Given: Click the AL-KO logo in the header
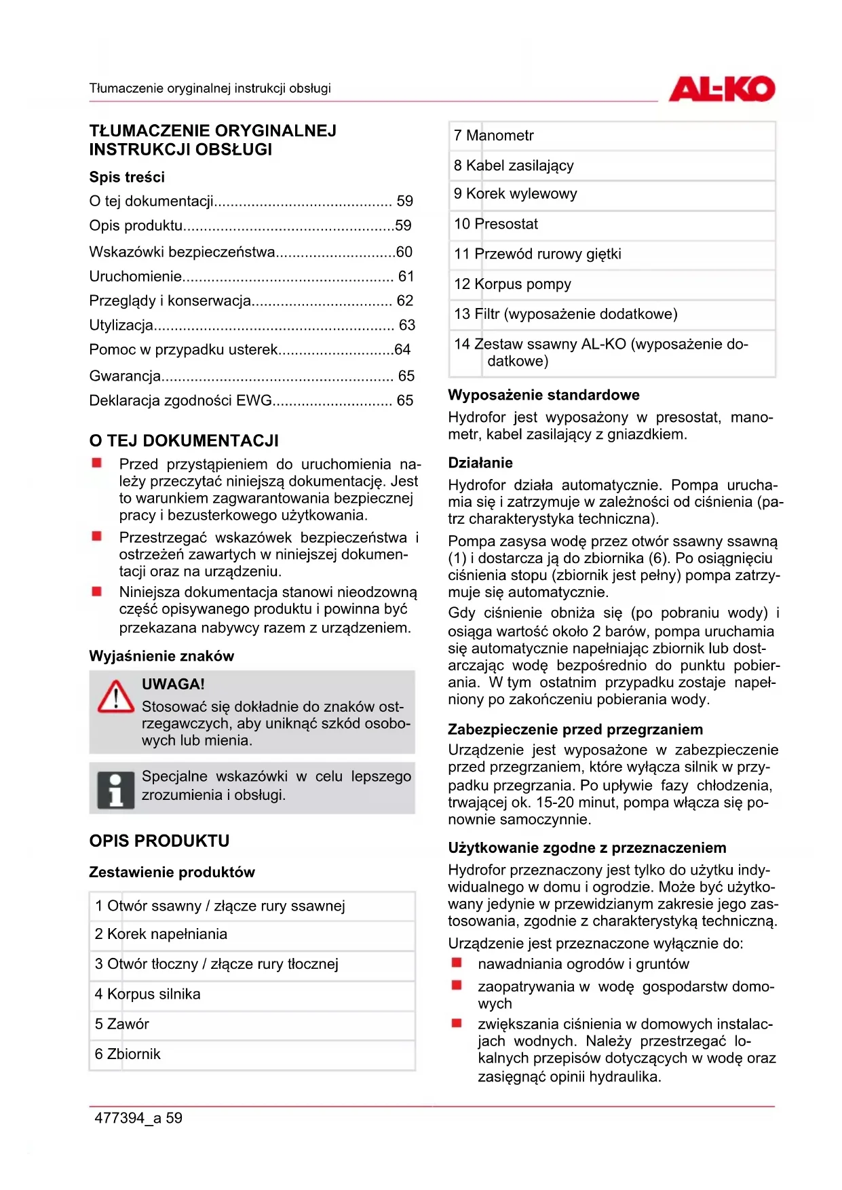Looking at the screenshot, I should coord(721,89).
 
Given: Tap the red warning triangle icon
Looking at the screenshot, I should coord(115,697).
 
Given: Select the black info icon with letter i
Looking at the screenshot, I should coord(115,790).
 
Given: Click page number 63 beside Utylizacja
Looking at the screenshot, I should coord(407,326).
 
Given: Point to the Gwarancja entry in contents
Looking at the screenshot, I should coord(125,376).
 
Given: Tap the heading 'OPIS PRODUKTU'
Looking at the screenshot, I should coord(159,841).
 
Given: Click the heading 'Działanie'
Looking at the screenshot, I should coord(480,463).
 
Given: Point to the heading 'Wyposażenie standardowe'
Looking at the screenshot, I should coord(543,396).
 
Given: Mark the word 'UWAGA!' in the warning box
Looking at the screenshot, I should coord(173,685).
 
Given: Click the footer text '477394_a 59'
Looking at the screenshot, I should coord(138,1118).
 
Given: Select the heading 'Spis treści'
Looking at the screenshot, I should coord(127,178).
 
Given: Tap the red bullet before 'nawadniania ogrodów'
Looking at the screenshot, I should coord(457,963).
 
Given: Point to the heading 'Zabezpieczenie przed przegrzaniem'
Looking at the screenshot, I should coord(575,730).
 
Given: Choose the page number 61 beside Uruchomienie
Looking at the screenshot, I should coord(406,277).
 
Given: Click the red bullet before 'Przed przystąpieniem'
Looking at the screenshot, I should coord(97,463).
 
